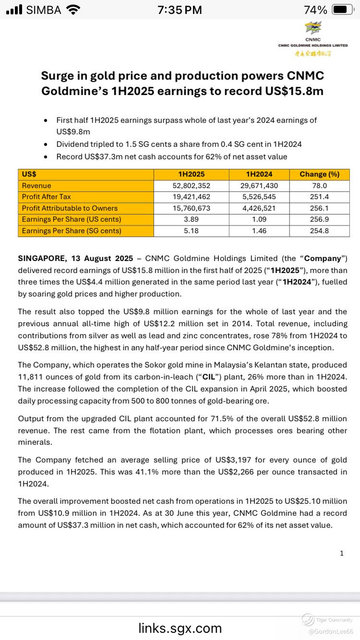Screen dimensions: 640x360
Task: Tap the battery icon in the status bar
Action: click(343, 10)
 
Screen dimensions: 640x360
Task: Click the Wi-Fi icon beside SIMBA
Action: click(73, 10)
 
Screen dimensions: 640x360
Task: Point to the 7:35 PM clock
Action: click(180, 10)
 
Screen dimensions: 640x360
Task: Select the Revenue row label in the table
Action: click(36, 186)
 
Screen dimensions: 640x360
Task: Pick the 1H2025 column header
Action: click(192, 174)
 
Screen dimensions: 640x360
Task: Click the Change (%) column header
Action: click(319, 174)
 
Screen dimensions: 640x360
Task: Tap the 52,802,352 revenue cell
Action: click(192, 186)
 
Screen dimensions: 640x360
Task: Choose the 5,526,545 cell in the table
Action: click(259, 197)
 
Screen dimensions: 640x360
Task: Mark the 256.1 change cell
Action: click(319, 208)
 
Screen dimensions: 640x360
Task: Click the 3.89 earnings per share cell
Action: click(192, 219)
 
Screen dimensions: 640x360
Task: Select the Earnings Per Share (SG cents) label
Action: click(72, 231)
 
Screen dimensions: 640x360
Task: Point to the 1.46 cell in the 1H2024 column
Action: click(259, 231)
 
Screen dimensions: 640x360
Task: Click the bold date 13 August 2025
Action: click(102, 259)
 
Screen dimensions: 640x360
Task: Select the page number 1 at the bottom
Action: click(341, 553)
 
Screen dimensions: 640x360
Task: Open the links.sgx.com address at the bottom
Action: click(180, 628)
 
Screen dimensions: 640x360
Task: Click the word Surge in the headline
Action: click(57, 76)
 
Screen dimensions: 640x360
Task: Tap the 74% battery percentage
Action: click(315, 10)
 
